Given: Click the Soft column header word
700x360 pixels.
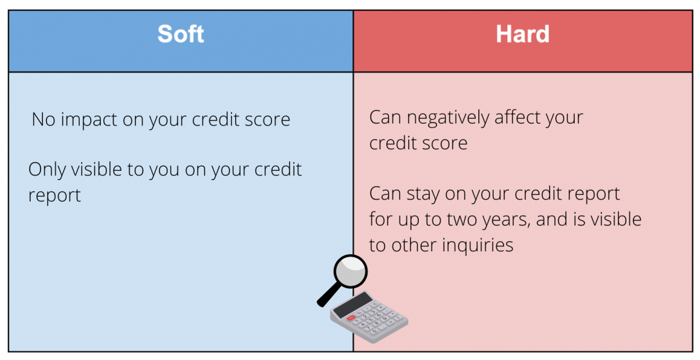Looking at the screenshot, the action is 181,34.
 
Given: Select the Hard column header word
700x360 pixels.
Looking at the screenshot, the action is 523,34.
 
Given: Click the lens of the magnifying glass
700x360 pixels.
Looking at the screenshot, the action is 351,271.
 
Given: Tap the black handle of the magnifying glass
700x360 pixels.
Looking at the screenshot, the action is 328,295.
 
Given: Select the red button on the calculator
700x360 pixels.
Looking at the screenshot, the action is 351,318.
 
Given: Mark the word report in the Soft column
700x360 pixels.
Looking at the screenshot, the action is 55,195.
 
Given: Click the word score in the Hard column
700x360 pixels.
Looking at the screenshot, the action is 441,143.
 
